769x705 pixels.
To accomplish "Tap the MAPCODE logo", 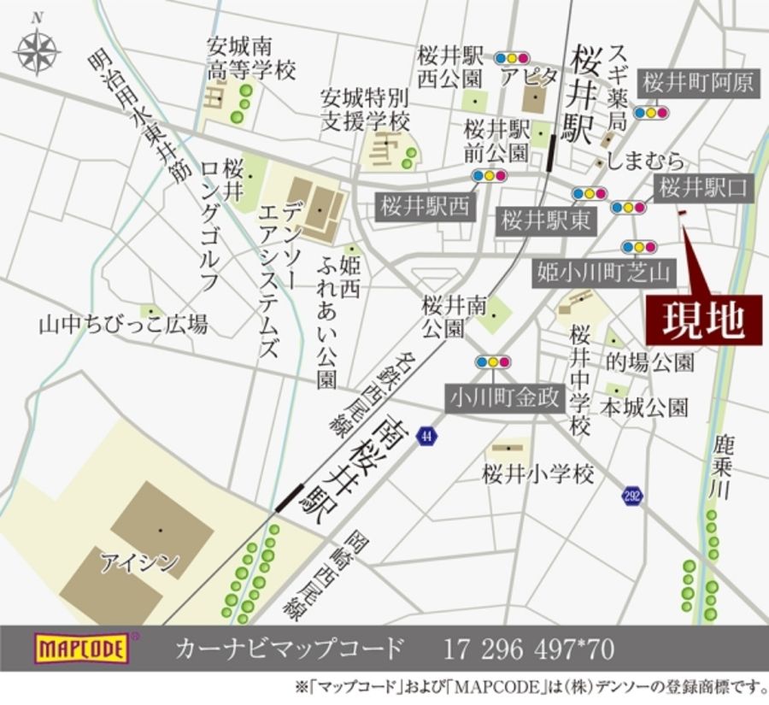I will tap(81, 649).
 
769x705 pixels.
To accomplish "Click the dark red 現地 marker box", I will tap(703, 320).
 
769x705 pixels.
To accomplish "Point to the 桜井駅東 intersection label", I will tap(545, 220).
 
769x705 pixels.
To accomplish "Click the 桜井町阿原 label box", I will tap(698, 82).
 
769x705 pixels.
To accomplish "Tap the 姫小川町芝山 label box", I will tap(604, 273).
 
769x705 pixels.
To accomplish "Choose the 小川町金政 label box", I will tap(506, 397).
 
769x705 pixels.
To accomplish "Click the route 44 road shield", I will tap(425, 437).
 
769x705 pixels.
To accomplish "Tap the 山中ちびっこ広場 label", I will tap(123, 325).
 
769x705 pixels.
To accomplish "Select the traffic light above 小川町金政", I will tap(492, 362).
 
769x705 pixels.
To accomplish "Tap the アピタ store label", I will tap(529, 77).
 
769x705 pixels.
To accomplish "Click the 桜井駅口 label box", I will tap(702, 189).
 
